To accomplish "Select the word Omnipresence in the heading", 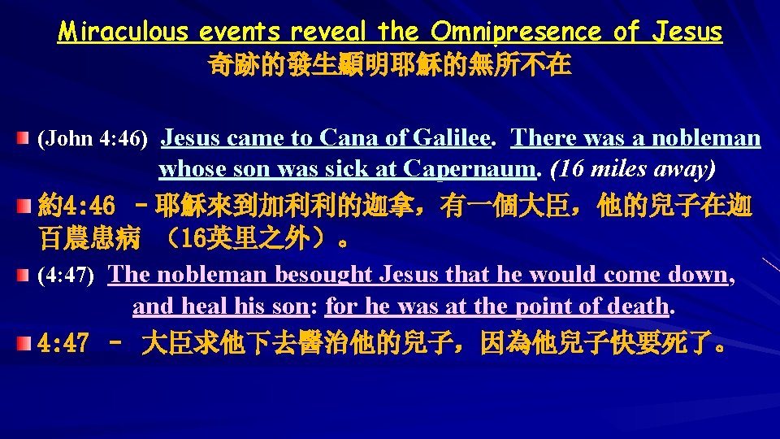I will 518,32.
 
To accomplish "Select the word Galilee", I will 453,138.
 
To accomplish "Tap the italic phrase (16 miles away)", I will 634,169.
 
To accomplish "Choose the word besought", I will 324,275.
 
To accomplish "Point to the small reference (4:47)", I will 67,276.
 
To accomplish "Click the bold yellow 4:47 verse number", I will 63,344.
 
